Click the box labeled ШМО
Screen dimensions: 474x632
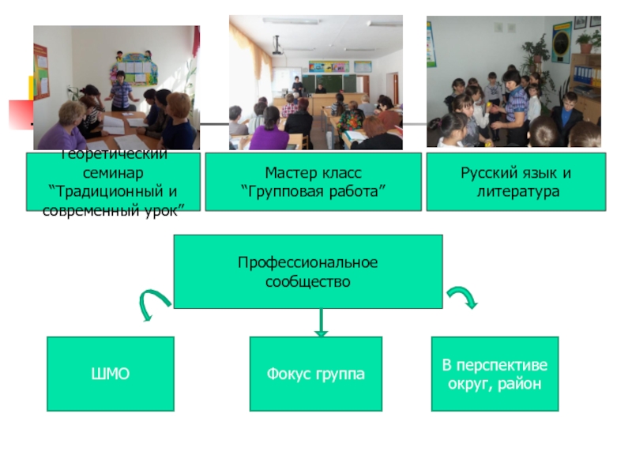coord(111,374)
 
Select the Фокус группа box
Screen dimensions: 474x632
coord(316,374)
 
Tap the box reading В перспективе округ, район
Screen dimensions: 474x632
coord(495,374)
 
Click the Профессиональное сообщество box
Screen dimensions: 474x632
coord(308,271)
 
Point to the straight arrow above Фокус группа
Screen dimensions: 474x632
coord(321,322)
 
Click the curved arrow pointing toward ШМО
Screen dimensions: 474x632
coord(153,304)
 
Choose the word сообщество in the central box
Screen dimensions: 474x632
coord(308,280)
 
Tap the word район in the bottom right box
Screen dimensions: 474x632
coord(528,383)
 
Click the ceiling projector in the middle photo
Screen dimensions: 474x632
coord(278,45)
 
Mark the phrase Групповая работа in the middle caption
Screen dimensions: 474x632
coord(314,190)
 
